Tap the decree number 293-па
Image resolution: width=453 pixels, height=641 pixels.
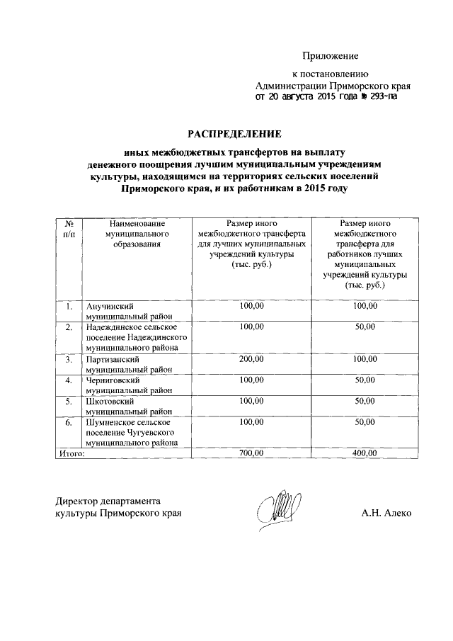tap(379, 97)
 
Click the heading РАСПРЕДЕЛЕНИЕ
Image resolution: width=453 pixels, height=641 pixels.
tap(234, 133)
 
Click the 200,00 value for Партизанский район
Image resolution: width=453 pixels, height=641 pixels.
tap(251, 360)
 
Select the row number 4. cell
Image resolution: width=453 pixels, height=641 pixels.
tap(69, 380)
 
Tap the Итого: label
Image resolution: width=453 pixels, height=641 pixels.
tap(71, 453)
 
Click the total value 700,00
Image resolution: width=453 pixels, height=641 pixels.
tap(251, 453)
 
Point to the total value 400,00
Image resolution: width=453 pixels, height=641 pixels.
tap(365, 453)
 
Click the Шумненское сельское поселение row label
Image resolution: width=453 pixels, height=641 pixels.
tap(131, 432)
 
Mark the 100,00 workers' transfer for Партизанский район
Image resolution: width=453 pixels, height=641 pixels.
tap(365, 360)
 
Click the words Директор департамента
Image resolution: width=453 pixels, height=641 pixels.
tap(108, 499)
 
